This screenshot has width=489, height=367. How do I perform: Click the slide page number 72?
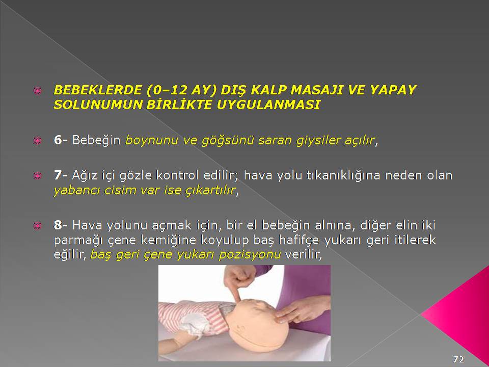pos(458,359)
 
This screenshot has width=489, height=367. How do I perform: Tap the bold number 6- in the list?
pos(61,140)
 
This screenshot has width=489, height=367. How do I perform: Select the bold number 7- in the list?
pos(61,175)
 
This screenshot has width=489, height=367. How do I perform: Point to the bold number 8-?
pos(61,225)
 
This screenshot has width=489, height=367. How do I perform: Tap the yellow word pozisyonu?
pos(250,255)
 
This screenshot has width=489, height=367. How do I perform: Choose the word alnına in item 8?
pos(335,225)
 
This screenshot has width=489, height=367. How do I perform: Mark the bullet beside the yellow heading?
pos(37,91)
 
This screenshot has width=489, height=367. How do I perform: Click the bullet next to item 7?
pos(37,176)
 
